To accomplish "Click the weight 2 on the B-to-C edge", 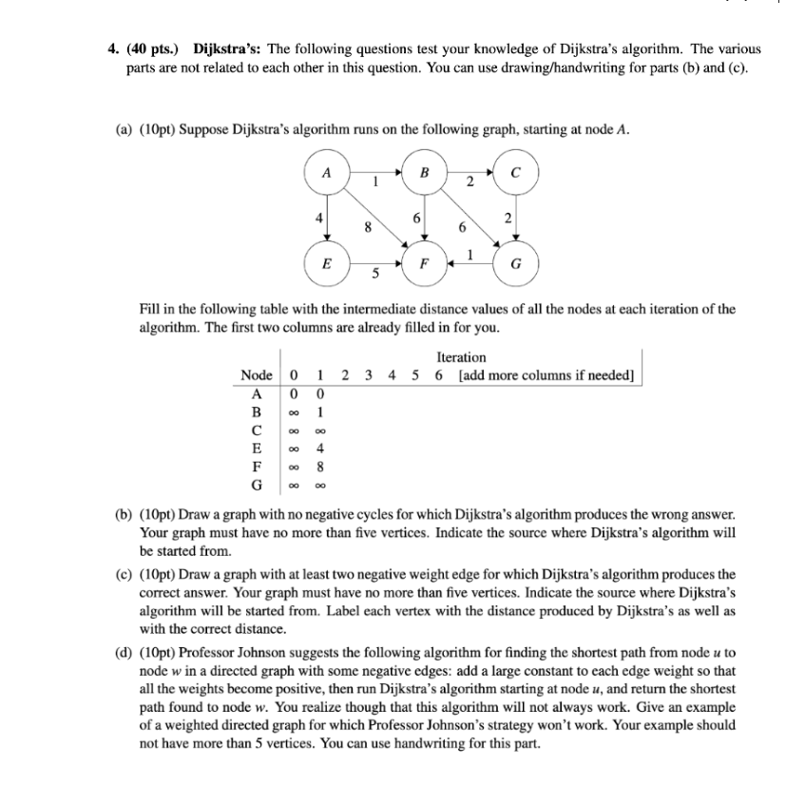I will pyautogui.click(x=470, y=182).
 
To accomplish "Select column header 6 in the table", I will pyautogui.click(x=437, y=374).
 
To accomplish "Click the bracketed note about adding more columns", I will pyautogui.click(x=546, y=374).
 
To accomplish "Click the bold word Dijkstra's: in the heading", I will pyautogui.click(x=226, y=48).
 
